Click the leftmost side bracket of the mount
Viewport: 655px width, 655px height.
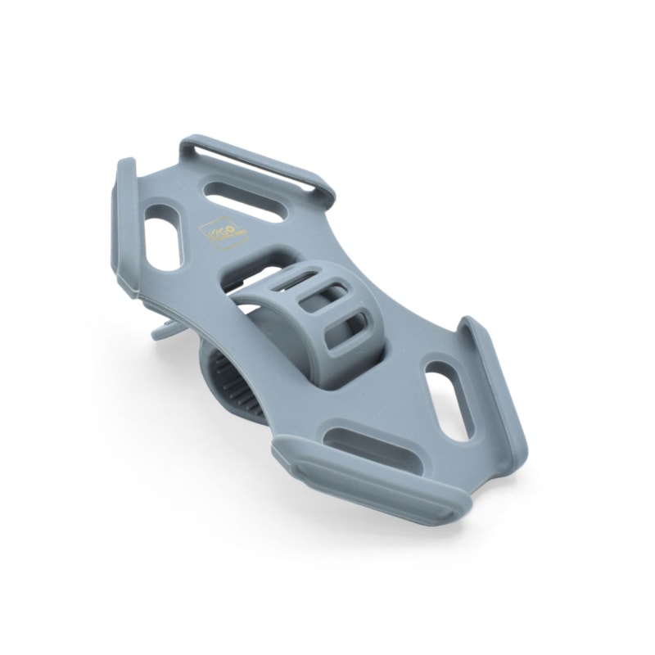click(x=124, y=225)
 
